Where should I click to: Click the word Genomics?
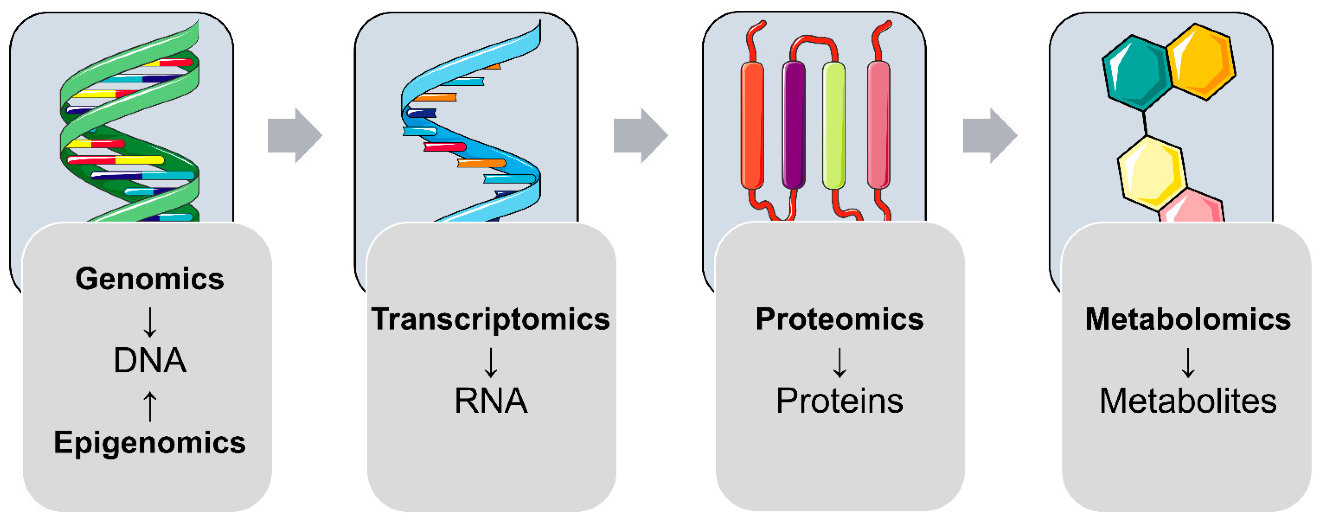[149, 279]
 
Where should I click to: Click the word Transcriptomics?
[490, 319]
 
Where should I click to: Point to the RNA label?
[490, 400]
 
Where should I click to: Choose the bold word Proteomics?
[839, 319]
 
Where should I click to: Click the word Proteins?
[839, 400]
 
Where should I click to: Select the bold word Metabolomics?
[1188, 319]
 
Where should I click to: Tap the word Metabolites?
[1188, 400]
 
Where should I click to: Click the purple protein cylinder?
[793, 125]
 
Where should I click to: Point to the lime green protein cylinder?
[833, 125]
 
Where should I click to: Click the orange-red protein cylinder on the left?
[753, 125]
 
